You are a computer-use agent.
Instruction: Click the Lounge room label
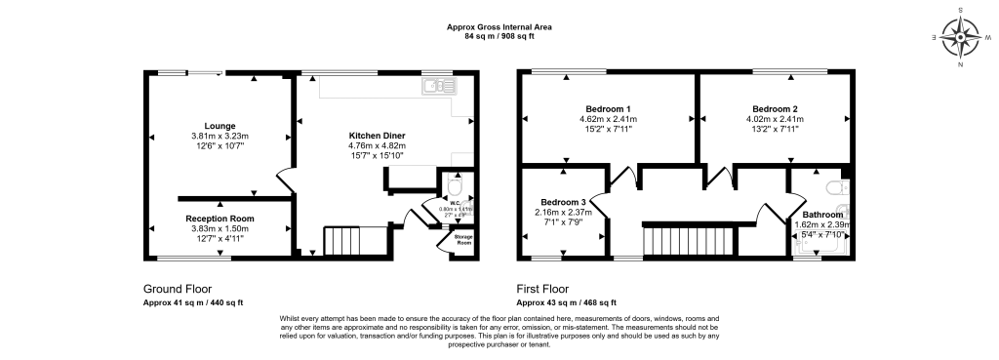point(220,125)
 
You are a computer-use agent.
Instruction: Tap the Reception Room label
point(220,218)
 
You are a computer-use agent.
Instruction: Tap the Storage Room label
point(457,239)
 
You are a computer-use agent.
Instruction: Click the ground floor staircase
point(343,240)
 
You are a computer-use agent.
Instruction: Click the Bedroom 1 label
point(608,108)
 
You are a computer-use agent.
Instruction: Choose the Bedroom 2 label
point(775,108)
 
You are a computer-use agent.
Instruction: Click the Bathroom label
point(823,214)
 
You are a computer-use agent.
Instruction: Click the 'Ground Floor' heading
point(176,290)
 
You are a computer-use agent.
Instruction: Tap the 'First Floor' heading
point(542,290)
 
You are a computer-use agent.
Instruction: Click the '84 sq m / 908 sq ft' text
point(499,36)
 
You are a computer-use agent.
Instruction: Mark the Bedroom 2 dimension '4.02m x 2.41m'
point(775,119)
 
